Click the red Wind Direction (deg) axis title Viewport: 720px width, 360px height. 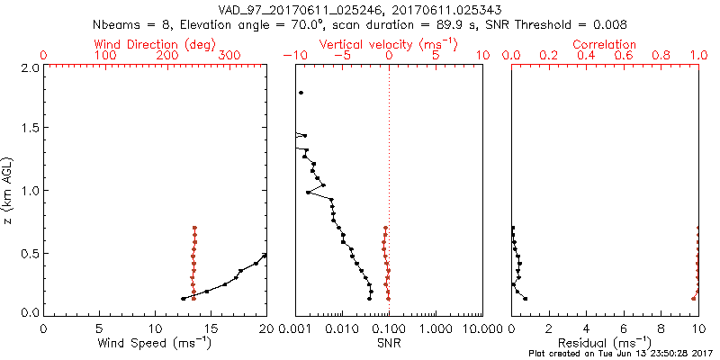[x=155, y=44]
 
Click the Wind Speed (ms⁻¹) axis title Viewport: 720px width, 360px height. [x=155, y=343]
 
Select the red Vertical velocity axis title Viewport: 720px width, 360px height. [x=389, y=44]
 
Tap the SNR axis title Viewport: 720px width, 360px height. [x=389, y=343]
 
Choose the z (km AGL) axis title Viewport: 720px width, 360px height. [x=9, y=189]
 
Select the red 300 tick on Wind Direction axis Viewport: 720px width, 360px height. [x=229, y=56]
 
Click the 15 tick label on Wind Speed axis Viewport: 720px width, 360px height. [x=210, y=328]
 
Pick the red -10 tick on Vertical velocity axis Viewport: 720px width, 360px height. [x=294, y=56]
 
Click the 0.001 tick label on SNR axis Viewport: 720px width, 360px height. [x=295, y=328]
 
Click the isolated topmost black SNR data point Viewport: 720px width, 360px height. [x=301, y=93]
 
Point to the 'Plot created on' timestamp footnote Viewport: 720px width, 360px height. [x=620, y=354]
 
